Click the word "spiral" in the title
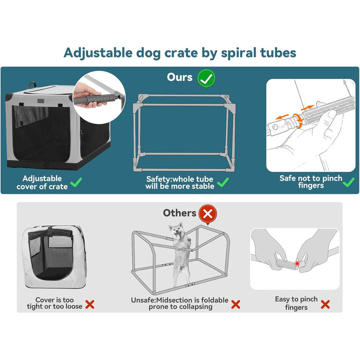239,53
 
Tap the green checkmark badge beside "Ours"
206,79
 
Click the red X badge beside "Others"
208,214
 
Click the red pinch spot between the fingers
297,263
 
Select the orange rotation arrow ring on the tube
298,120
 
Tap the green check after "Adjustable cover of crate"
76,182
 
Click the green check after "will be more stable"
223,182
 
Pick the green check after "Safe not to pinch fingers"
349,182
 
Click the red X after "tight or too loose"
90,304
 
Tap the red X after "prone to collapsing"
236,304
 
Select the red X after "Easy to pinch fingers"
325,304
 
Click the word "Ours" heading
179,77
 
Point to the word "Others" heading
179,213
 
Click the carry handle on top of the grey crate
32,85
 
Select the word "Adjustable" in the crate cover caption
42,178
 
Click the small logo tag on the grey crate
41,101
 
